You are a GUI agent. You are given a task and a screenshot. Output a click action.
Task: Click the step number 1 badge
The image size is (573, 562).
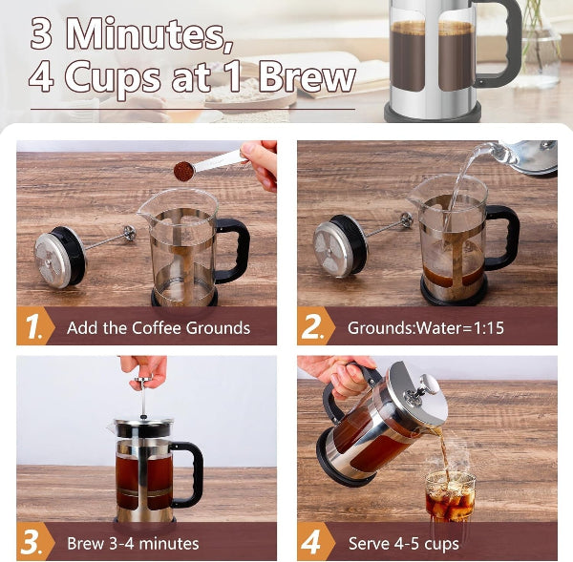34,327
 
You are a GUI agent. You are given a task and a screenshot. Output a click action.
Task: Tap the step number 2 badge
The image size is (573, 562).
314,327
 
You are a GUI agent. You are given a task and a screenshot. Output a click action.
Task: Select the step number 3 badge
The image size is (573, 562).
33,543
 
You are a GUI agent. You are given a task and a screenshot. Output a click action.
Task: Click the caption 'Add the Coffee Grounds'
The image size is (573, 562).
159,328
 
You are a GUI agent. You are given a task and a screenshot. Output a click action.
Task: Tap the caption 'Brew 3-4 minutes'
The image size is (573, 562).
133,544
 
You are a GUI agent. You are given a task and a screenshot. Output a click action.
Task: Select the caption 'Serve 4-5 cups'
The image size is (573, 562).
403,544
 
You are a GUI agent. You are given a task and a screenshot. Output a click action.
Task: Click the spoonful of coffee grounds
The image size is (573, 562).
184,170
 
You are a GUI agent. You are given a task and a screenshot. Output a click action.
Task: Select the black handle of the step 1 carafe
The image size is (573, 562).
232,250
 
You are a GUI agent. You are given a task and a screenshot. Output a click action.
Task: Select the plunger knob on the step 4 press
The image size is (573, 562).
431,385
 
